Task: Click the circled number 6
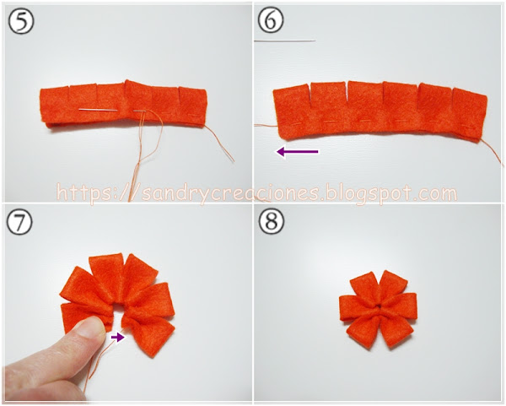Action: [x=271, y=20]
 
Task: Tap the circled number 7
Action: [x=19, y=222]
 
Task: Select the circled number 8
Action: [x=272, y=222]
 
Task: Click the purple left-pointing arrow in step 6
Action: [x=298, y=151]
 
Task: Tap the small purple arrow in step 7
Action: [x=117, y=337]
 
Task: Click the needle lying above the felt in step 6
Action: [x=285, y=41]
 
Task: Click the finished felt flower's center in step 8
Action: [x=377, y=310]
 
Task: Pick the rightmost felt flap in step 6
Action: [x=469, y=111]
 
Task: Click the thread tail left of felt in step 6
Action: [x=266, y=125]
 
